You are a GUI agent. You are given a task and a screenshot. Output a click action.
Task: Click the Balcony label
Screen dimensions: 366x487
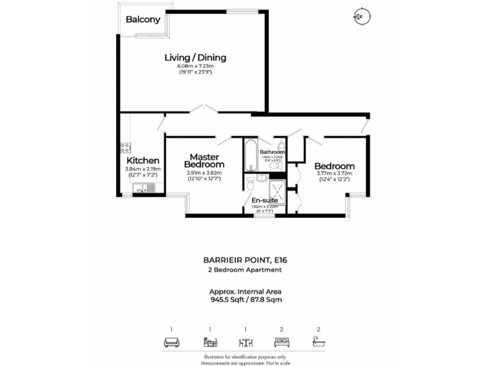point(143,20)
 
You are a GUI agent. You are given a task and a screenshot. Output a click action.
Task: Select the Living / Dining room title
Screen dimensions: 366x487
point(195,58)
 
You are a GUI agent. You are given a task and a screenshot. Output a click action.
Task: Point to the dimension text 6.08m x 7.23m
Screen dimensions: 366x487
point(195,66)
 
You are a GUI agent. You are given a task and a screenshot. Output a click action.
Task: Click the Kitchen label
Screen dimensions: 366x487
point(143,161)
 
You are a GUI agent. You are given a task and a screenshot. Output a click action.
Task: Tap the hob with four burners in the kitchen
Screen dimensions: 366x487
point(125,147)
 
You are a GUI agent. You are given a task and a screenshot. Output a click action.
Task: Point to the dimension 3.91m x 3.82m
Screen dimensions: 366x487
point(204,173)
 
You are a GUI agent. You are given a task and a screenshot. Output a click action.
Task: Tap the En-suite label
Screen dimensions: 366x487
point(264,200)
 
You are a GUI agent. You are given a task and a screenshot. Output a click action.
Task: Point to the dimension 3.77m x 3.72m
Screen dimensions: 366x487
point(334,173)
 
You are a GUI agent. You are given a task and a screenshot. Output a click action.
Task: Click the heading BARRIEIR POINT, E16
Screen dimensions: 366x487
point(244,260)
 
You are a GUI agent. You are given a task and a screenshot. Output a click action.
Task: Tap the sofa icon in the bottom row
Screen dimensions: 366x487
point(171,342)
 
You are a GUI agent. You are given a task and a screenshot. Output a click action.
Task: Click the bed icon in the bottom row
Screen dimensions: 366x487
point(282,342)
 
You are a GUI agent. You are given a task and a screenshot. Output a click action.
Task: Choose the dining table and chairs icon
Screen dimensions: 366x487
point(245,342)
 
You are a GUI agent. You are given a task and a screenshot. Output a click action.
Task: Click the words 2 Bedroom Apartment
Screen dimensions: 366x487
point(245,270)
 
